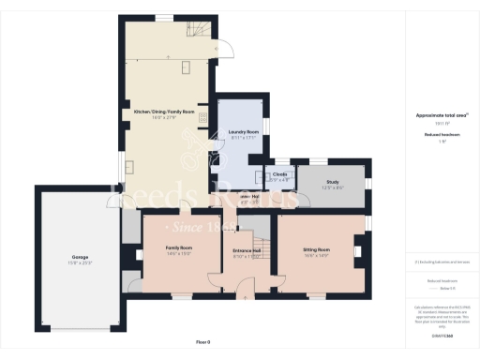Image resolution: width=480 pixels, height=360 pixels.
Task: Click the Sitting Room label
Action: click(x=321, y=250)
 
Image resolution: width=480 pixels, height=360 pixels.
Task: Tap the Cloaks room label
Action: click(x=279, y=175)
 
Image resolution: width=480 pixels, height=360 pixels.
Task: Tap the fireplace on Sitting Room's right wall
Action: click(x=357, y=251)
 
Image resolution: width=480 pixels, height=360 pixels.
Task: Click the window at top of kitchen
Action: click(x=165, y=17)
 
